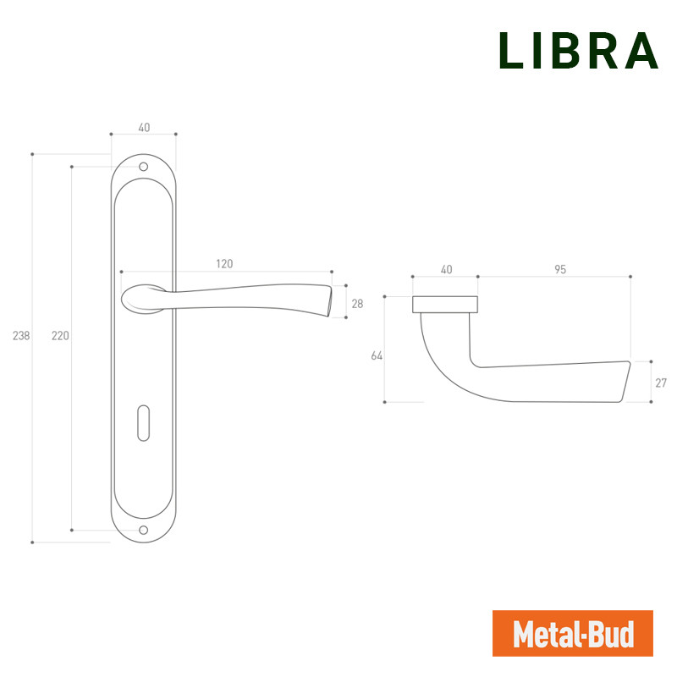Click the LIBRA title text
(x=579, y=51)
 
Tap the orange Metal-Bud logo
(x=573, y=633)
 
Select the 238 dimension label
(x=21, y=335)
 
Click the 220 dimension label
(x=60, y=335)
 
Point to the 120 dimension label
(x=224, y=264)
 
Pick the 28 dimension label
(x=357, y=304)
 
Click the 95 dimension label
(x=560, y=269)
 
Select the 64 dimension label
(x=377, y=355)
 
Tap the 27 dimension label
(x=661, y=383)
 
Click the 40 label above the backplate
(x=144, y=128)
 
